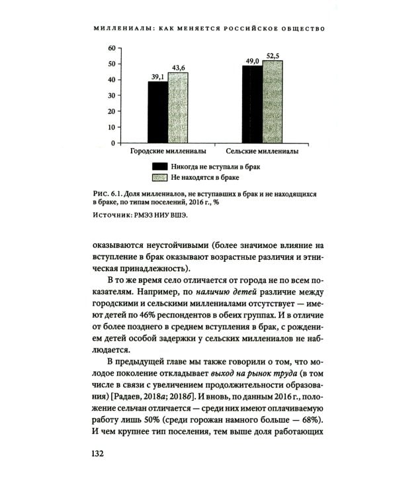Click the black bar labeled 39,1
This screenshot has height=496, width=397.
tap(157, 112)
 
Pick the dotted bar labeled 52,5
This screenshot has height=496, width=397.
tap(272, 101)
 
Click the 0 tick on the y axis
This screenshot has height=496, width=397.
tap(113, 143)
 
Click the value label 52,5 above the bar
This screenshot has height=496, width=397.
tap(273, 56)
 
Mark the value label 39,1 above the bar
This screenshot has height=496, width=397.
tap(158, 77)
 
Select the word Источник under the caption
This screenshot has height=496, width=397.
tap(114, 215)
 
